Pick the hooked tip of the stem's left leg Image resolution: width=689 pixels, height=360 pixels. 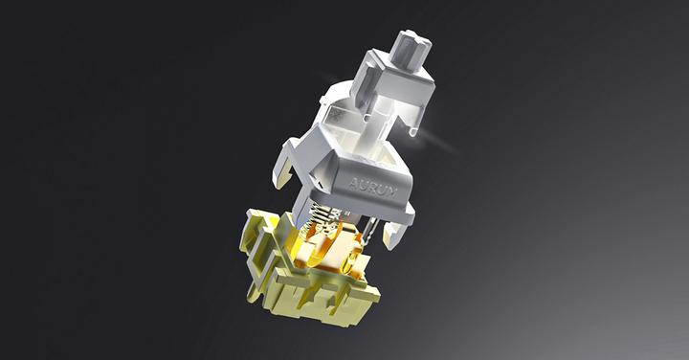(x=368, y=117)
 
